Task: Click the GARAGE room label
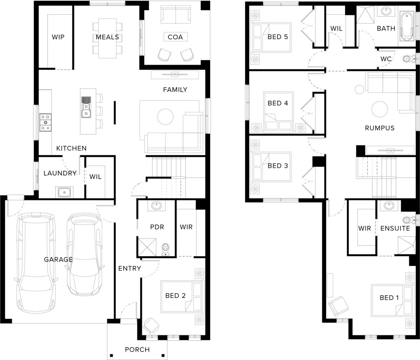click(x=58, y=260)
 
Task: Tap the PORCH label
click(x=137, y=350)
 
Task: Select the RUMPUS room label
click(x=380, y=128)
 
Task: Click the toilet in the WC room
click(x=407, y=59)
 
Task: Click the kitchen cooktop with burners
click(x=46, y=122)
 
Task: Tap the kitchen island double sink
click(x=86, y=107)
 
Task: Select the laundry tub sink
click(x=64, y=192)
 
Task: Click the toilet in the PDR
click(x=166, y=250)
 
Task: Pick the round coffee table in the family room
click(x=165, y=116)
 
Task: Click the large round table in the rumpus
click(x=380, y=109)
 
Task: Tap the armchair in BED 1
click(x=339, y=306)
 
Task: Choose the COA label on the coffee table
click(x=175, y=37)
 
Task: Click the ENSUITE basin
click(x=389, y=205)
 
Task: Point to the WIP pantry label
click(x=58, y=37)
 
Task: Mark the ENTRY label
click(x=130, y=268)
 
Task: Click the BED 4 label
click(x=278, y=103)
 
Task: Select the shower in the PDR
click(x=147, y=247)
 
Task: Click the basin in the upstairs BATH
click(x=386, y=11)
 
